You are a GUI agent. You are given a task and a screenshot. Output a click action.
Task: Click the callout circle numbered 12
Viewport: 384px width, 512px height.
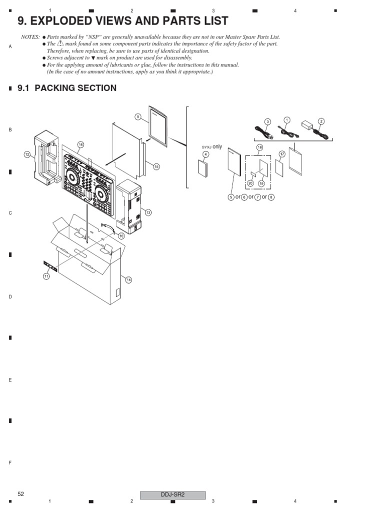[x=27, y=155]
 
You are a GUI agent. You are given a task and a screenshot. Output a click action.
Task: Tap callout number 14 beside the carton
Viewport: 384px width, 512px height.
[x=128, y=279]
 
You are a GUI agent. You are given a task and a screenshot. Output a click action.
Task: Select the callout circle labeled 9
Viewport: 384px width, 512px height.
[x=138, y=116]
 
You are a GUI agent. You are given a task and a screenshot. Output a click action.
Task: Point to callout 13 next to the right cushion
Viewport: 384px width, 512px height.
[x=148, y=212]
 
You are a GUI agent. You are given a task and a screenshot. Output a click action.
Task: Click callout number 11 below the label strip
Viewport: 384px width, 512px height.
[x=46, y=276]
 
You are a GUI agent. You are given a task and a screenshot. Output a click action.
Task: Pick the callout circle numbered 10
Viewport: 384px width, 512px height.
[x=121, y=235]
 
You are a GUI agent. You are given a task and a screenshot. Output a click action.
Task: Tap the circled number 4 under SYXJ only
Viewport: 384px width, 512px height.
[x=205, y=154]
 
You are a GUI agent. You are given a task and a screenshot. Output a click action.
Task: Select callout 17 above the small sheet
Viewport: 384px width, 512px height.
[x=282, y=154]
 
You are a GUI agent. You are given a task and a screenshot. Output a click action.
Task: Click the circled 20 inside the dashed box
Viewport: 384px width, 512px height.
[x=250, y=183]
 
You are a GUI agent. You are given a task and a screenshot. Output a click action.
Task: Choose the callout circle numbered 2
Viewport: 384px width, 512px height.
[x=321, y=120]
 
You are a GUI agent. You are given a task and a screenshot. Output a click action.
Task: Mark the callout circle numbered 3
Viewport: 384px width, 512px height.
[x=267, y=121]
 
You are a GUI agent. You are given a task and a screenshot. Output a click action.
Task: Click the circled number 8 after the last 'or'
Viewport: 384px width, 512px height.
[x=271, y=197]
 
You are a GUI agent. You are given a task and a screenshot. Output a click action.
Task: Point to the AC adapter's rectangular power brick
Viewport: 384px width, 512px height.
[x=306, y=124]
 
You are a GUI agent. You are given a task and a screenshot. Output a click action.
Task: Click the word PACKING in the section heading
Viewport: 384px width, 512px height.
[x=55, y=88]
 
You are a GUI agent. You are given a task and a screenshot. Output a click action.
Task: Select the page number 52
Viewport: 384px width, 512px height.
[x=21, y=494]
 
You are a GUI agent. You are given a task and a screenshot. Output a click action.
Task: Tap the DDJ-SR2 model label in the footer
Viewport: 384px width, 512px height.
[x=172, y=495]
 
